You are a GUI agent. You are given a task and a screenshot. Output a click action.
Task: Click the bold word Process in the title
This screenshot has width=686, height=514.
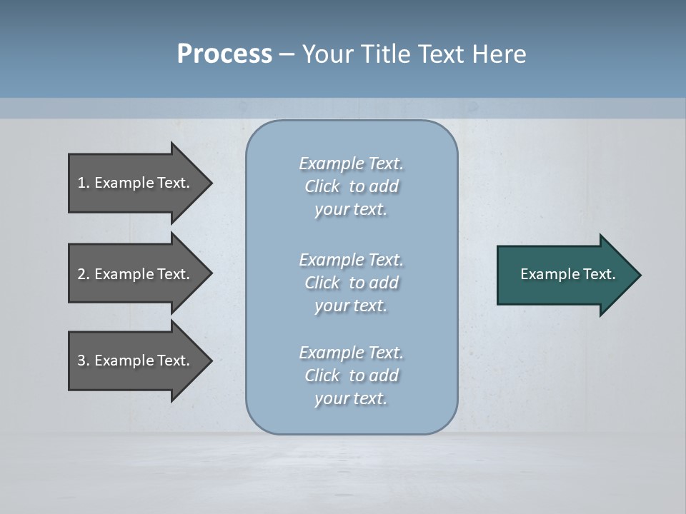pos(224,54)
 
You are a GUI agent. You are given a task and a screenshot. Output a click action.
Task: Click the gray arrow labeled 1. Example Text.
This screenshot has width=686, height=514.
pos(136,183)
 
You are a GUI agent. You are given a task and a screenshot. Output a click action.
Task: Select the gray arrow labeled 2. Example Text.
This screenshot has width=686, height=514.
pos(136,274)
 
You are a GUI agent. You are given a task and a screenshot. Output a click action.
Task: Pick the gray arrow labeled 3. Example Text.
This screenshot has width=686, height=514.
pos(136,361)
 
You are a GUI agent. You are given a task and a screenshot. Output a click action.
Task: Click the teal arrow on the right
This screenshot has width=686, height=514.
pos(565,274)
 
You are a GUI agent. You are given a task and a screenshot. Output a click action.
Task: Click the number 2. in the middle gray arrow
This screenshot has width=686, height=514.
pos(83,274)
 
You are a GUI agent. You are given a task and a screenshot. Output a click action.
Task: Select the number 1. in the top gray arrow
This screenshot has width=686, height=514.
pos(83,183)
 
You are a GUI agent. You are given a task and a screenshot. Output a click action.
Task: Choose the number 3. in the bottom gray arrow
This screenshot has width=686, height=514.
pos(83,361)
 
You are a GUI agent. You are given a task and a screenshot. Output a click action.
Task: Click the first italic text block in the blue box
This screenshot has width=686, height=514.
pos(351,186)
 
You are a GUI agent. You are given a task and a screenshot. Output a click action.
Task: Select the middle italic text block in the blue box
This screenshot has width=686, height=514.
pos(351,283)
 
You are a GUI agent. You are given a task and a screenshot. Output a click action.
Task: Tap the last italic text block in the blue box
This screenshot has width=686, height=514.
pos(351,376)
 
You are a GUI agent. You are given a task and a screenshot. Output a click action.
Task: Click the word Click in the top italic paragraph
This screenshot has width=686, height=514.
pos(322,186)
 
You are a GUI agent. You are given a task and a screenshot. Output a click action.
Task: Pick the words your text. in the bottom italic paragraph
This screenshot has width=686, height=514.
pos(351,398)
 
